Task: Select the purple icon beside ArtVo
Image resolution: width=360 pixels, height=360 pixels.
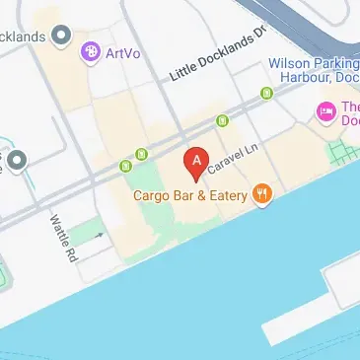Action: coord(91,49)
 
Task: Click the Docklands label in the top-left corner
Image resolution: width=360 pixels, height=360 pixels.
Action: coord(22,36)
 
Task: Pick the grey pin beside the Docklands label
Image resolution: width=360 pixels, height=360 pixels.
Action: coord(62,36)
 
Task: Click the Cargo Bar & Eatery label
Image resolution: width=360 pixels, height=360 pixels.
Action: coord(191,194)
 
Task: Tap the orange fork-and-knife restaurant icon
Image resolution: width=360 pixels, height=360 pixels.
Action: coord(262,194)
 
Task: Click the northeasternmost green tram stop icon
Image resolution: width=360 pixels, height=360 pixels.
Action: coord(266,94)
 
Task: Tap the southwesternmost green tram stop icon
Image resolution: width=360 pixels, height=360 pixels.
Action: coord(142,154)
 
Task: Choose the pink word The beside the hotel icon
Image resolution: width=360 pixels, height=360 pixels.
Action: coord(349,107)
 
